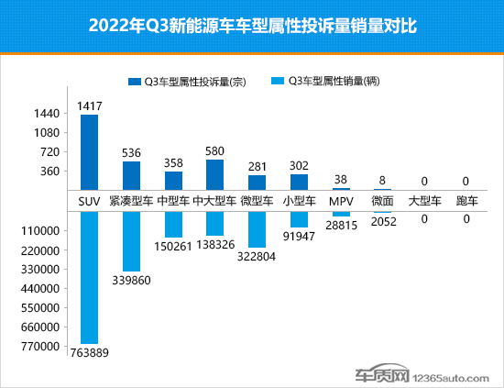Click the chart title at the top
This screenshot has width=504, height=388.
coord(252,26)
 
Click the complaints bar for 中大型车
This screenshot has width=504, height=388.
coord(215,173)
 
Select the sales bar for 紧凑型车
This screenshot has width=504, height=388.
coord(131,240)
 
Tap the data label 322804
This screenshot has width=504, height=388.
coord(257,258)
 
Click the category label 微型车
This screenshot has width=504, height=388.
coord(257,199)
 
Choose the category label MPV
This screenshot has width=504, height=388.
coord(341,199)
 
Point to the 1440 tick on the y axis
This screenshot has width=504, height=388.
coord(48,114)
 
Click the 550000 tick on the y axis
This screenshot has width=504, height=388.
coord(42,307)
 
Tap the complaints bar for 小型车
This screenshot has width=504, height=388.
coord(299,181)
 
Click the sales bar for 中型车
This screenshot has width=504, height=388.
coord(173,224)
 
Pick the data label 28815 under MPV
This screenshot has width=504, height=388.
coord(341,225)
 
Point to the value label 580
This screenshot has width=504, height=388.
coord(215,151)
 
